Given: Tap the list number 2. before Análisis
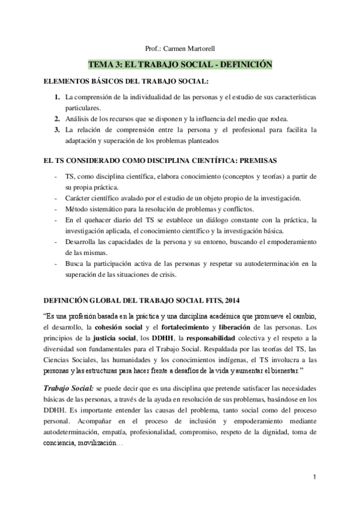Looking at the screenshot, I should (57, 118).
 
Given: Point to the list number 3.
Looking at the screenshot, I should (57, 129).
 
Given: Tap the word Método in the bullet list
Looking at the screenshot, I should (78, 209).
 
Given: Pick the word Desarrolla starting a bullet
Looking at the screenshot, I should (84, 241).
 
